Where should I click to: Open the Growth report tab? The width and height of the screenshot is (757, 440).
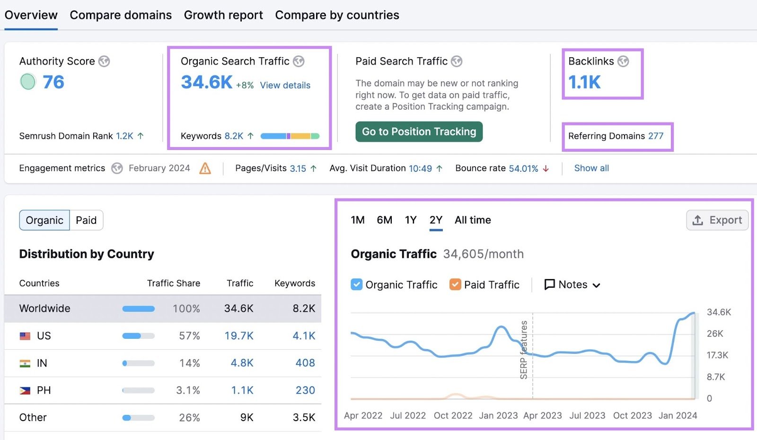coord(223,15)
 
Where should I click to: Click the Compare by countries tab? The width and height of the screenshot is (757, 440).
coord(337,15)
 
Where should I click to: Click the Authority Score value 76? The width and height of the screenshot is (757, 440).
coord(53,82)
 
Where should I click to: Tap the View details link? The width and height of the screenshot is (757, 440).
coord(285,86)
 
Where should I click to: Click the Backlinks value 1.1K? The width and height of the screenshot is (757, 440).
coord(584,82)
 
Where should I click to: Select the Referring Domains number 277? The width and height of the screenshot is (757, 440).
coord(656,136)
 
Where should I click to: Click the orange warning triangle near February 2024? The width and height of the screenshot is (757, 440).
coord(205,168)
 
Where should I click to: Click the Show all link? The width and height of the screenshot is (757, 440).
coord(591,168)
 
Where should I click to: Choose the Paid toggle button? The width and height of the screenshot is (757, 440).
coord(86,220)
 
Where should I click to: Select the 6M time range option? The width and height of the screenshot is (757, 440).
coord(384,220)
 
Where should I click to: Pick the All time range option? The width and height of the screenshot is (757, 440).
coord(473,220)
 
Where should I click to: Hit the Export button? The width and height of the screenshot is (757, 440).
coord(717,220)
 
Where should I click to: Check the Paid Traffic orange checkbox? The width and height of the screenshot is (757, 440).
coord(455,284)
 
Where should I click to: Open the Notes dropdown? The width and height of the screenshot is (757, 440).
coord(572,285)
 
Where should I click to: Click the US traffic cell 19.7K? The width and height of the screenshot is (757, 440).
coord(239,336)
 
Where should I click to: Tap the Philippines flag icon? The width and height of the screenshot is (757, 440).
coord(25,391)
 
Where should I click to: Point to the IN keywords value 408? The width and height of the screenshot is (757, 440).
coord(305,363)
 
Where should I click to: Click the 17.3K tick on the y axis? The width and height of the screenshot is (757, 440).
coord(717,355)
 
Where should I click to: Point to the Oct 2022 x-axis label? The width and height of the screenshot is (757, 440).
coord(453,416)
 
